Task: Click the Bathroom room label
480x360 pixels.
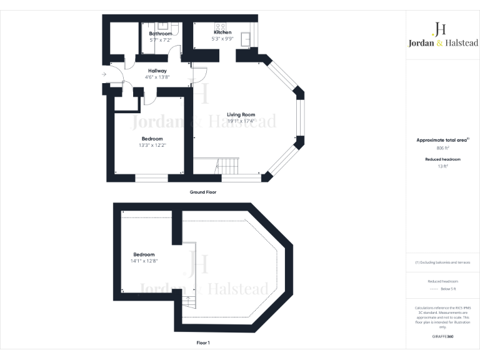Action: pos(160,34)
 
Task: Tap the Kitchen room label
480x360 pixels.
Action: pos(222,32)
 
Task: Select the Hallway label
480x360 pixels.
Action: pos(157,71)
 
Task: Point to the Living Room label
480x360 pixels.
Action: pos(241,114)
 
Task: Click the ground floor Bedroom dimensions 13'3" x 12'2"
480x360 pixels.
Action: pos(152,145)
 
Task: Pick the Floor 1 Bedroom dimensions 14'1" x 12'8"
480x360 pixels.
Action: pos(144,261)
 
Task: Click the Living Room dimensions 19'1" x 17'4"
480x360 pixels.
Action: pos(241,121)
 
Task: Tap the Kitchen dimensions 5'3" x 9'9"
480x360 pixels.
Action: pos(222,39)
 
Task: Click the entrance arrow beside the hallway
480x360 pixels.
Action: pos(104,75)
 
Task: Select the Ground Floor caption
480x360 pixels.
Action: pos(203,192)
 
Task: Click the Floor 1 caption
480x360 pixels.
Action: pos(203,342)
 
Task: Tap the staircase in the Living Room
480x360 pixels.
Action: pos(227,166)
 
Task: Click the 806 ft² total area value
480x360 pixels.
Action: pos(443,148)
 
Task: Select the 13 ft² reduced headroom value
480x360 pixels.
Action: pos(443,166)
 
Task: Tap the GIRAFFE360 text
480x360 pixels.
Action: pos(443,336)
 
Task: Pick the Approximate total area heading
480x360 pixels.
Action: pos(442,141)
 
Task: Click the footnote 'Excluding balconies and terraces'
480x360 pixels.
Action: pos(444,262)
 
